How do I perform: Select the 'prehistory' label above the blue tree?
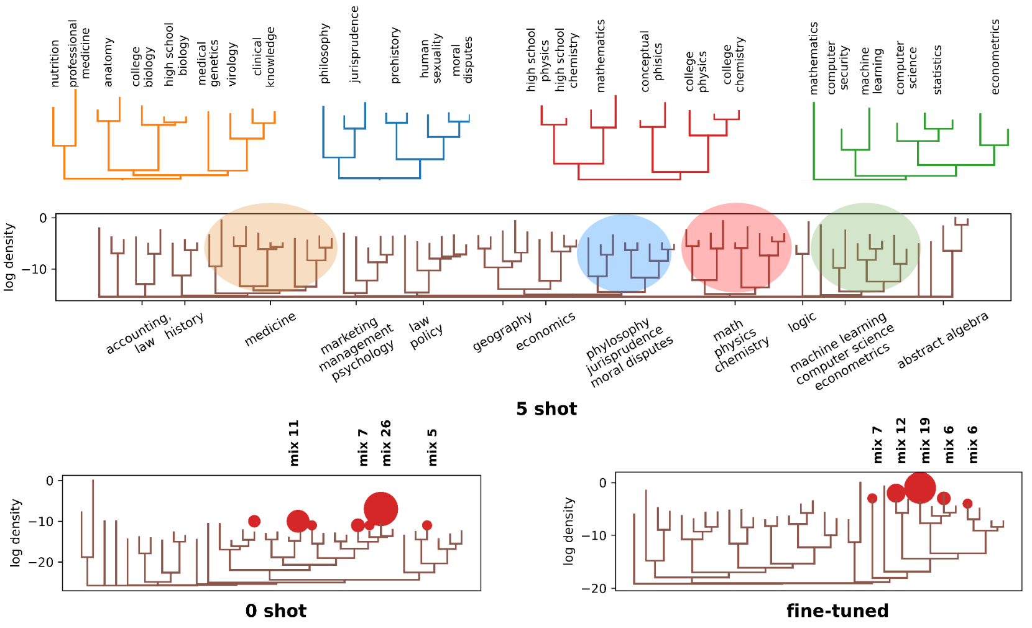[395, 55]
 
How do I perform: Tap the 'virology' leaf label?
[232, 64]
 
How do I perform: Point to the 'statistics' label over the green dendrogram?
[937, 70]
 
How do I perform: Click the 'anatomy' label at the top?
[108, 62]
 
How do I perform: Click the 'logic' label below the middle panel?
[801, 322]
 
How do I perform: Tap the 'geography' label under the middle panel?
[502, 331]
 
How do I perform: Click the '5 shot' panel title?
[546, 409]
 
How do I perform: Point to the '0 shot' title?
[275, 611]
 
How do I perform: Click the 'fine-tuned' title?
[837, 611]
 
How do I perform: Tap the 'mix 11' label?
[294, 443]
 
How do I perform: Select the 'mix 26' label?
[386, 443]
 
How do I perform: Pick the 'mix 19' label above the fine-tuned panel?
[925, 440]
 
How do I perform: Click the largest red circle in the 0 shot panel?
[380, 509]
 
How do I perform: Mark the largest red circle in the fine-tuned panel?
[920, 487]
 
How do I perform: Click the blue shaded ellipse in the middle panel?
[624, 254]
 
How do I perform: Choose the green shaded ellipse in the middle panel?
[865, 247]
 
